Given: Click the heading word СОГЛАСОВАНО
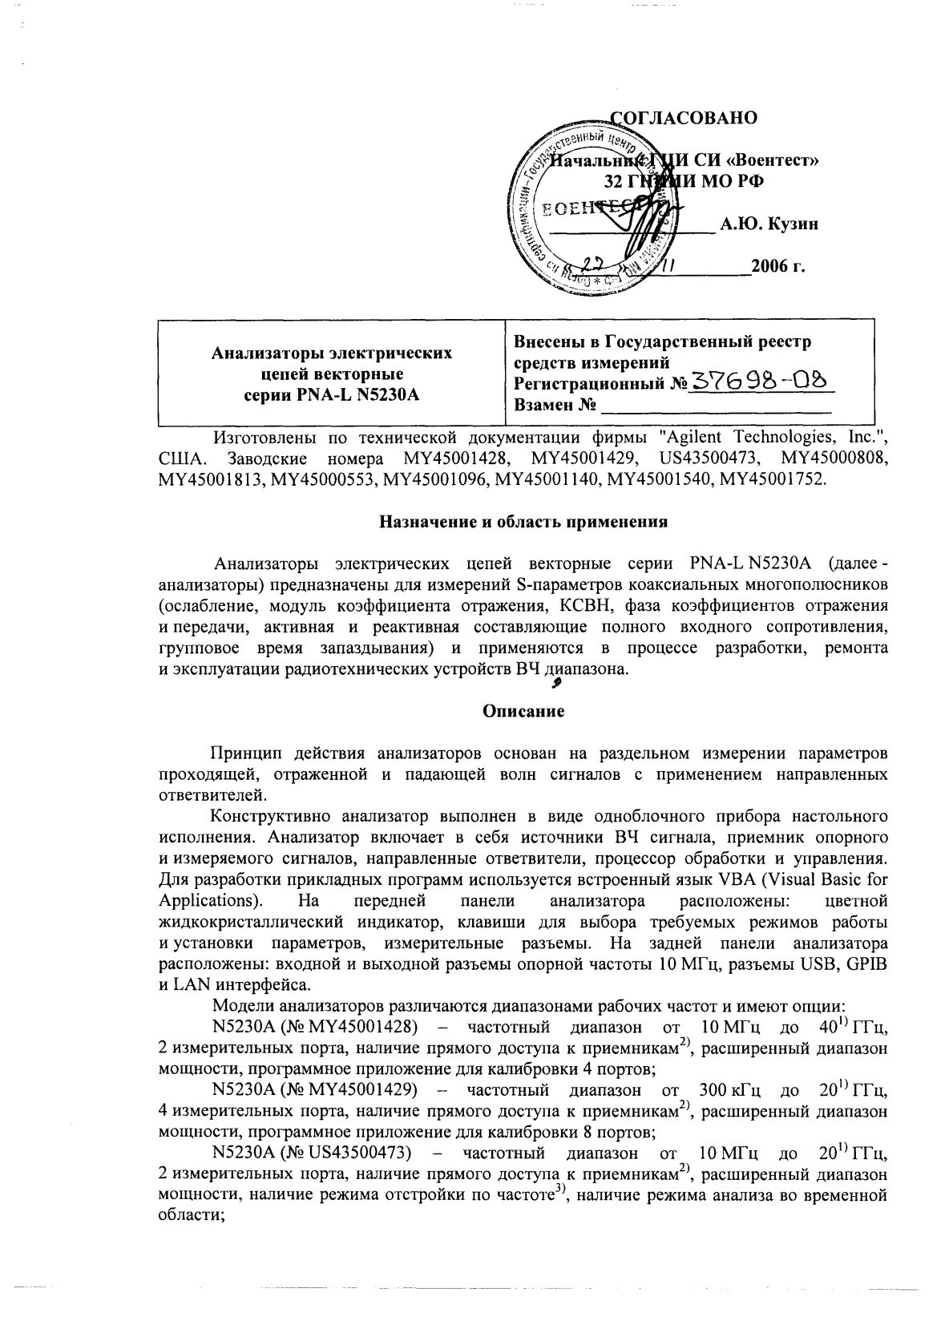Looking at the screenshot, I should (684, 119).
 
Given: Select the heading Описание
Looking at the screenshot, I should (523, 710).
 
